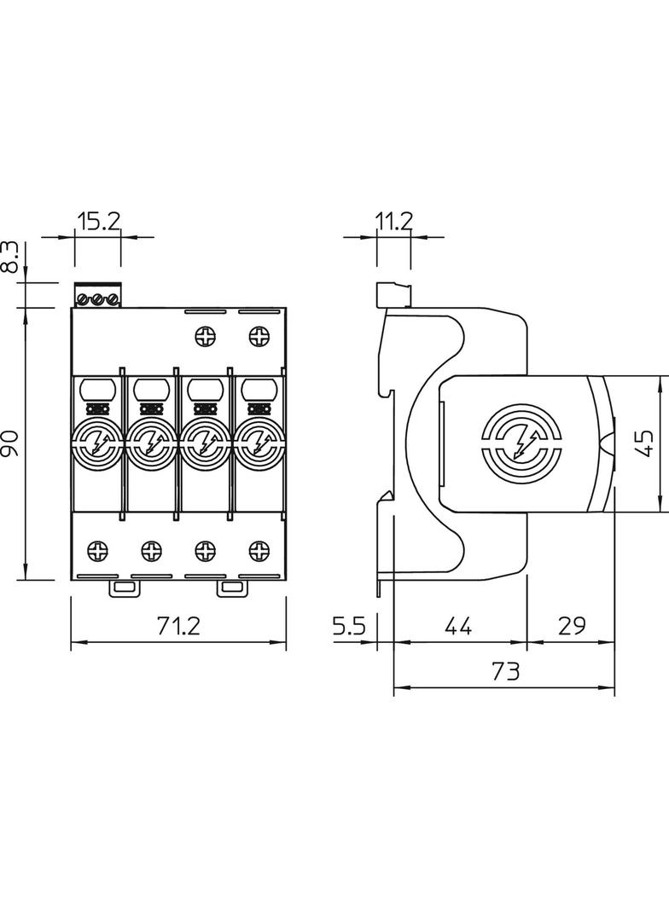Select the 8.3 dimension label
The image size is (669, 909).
(9, 258)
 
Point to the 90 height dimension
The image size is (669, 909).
(9, 443)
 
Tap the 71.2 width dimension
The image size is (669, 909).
(177, 628)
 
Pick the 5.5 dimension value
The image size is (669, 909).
(349, 628)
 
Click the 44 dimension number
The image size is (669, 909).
(458, 628)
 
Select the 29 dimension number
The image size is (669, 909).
(571, 628)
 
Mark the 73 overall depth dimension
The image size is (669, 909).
(505, 672)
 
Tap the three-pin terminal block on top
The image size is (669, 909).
(97, 297)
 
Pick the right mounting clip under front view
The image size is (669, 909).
(231, 588)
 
